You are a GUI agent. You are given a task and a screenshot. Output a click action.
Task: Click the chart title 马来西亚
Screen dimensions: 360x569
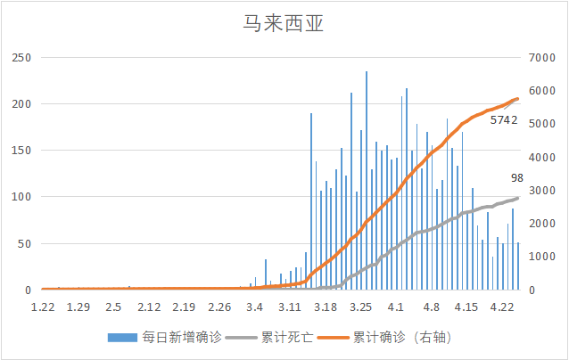(x=284, y=22)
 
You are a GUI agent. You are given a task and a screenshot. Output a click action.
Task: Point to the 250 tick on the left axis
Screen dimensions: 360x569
(x=21, y=58)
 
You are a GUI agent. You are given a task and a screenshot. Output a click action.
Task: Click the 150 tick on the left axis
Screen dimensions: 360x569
(x=21, y=151)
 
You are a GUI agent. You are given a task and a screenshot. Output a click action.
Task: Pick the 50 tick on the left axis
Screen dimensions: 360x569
(x=23, y=243)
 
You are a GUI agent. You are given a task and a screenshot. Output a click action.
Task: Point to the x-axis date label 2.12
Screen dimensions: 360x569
(x=148, y=307)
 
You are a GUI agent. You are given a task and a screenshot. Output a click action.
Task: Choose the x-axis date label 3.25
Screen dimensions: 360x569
(x=360, y=307)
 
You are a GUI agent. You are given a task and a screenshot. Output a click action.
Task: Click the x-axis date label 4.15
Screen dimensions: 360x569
(x=466, y=307)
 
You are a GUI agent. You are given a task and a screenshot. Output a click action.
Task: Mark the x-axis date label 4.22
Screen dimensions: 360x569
(x=502, y=307)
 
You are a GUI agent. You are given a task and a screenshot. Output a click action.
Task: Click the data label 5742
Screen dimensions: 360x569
(x=504, y=119)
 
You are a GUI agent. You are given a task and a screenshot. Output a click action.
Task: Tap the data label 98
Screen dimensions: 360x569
(x=516, y=178)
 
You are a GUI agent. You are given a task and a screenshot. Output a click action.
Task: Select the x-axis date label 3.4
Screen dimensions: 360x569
(x=255, y=307)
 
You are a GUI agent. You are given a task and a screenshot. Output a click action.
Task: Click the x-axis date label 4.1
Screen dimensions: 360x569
(x=396, y=307)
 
